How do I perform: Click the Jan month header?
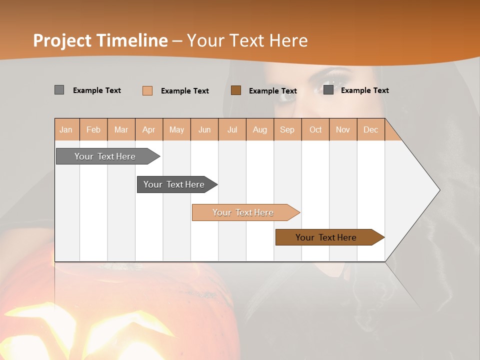point(66,129)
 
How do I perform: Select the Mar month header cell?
point(121,129)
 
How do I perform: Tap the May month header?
point(176,129)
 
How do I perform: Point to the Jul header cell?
point(232,129)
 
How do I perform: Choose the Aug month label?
point(259,129)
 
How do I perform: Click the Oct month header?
point(315,129)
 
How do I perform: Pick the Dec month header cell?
point(370,129)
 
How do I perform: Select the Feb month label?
point(93,129)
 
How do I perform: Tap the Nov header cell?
point(342,129)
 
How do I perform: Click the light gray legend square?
point(59,90)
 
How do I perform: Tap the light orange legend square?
point(147,90)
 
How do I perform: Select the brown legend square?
point(236,90)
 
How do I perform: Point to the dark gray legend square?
point(328,90)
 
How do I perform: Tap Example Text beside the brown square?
point(273,90)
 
